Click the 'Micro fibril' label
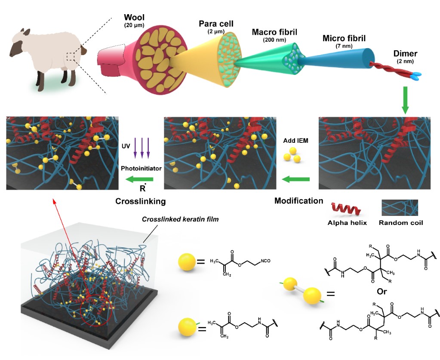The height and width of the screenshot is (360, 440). click(x=344, y=39)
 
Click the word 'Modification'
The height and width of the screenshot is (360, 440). click(x=298, y=201)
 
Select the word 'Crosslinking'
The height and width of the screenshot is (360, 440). click(x=141, y=201)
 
